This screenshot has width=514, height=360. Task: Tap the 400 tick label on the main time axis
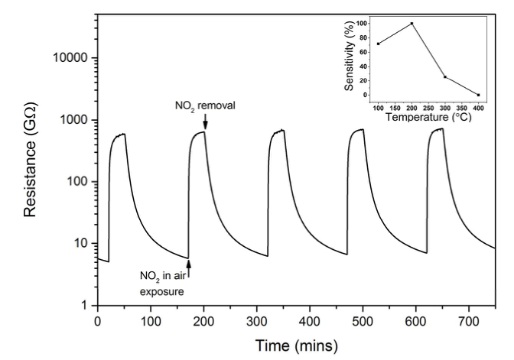309,319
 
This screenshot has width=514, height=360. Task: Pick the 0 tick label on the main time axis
97,319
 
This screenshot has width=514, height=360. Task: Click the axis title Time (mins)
297,345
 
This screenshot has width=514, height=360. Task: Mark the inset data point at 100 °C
378,44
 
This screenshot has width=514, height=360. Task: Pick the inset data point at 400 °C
478,95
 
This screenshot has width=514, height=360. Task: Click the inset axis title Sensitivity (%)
348,57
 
